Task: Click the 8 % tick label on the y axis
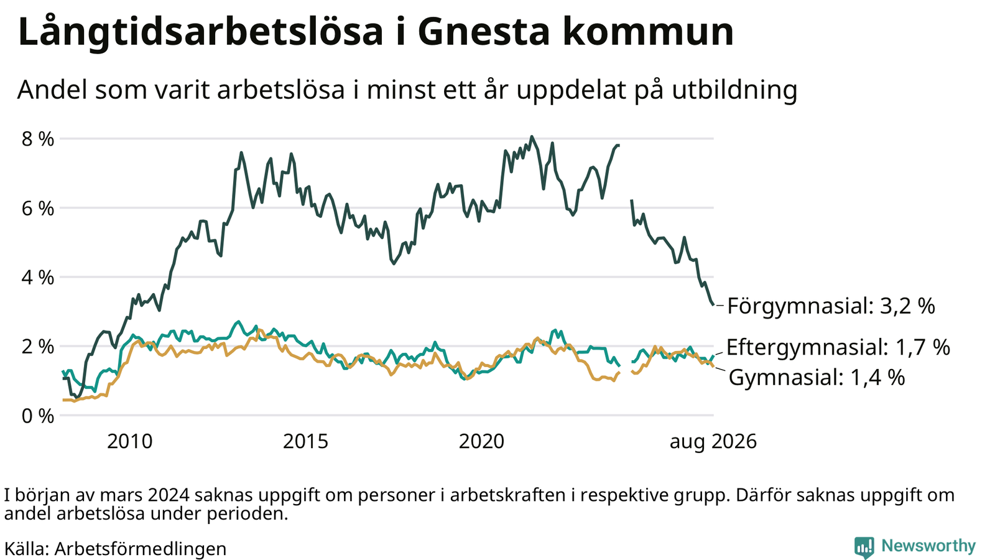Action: (x=38, y=139)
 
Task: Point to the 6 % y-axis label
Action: (x=38, y=209)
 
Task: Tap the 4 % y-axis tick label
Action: (x=38, y=278)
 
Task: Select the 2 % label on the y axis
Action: (x=38, y=347)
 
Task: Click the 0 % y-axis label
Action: (x=38, y=416)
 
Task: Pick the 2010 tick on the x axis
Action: (x=130, y=442)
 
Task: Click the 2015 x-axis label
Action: (x=305, y=442)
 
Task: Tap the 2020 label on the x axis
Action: (x=481, y=442)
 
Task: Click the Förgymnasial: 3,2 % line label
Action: (x=831, y=307)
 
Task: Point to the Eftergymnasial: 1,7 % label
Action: (x=838, y=347)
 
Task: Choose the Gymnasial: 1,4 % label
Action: (x=817, y=378)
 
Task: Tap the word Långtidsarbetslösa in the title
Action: (x=200, y=32)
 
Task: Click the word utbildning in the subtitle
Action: (x=734, y=90)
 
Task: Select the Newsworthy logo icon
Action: (x=864, y=547)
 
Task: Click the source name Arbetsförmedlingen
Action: (x=141, y=549)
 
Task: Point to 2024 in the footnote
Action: (x=169, y=495)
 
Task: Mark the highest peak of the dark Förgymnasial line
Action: (x=532, y=136)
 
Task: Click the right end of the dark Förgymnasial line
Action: (x=713, y=304)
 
